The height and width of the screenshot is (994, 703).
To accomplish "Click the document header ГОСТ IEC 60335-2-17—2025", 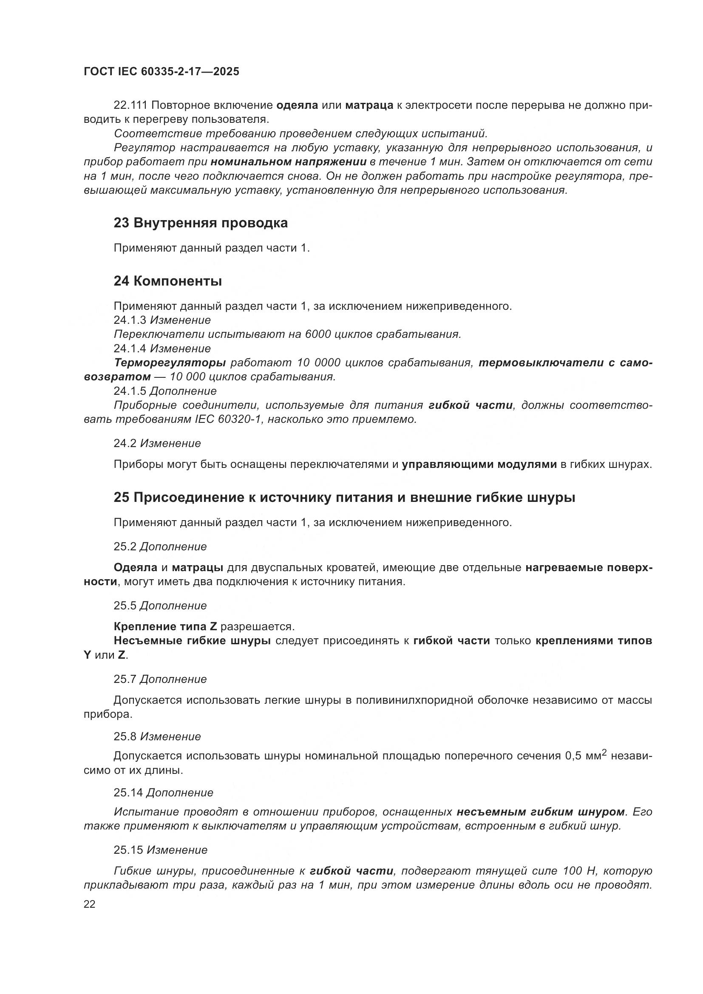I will pyautogui.click(x=161, y=72).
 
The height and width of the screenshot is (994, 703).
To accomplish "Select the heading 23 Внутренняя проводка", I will pyautogui.click(x=201, y=223).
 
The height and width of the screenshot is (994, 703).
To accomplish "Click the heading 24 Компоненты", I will pyautogui.click(x=167, y=281).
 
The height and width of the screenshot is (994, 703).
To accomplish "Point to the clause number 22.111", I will pyautogui.click(x=131, y=105).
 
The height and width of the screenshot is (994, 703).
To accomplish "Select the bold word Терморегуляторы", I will pyautogui.click(x=170, y=362).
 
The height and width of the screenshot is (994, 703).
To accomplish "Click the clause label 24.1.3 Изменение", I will pyautogui.click(x=162, y=320).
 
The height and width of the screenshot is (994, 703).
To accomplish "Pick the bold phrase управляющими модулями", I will pyautogui.click(x=479, y=464).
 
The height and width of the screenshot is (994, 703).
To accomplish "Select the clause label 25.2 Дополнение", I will pyautogui.click(x=160, y=547).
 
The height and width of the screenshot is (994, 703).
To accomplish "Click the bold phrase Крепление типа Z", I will pyautogui.click(x=165, y=626).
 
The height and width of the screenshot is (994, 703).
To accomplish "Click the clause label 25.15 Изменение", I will pyautogui.click(x=161, y=850).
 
